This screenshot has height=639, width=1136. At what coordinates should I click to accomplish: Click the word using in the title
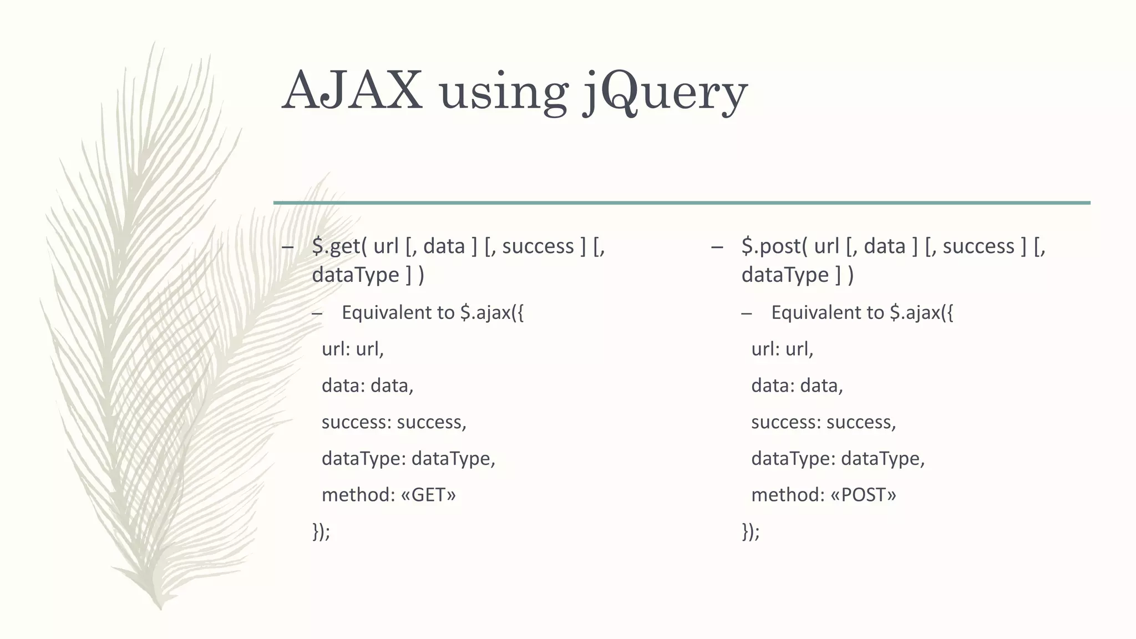[x=504, y=93]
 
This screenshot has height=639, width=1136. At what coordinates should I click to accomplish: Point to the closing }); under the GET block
[x=321, y=531]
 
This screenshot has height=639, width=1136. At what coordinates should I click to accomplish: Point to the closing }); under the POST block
[x=750, y=531]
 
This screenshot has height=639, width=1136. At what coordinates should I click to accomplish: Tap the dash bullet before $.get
[x=287, y=247]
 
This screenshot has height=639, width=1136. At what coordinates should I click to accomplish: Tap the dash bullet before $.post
[x=717, y=247]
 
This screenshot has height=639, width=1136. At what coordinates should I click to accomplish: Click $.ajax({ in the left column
[x=491, y=313]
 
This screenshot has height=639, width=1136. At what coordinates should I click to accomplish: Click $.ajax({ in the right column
[x=921, y=313]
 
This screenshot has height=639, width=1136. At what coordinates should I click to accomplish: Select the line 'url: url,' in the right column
[x=782, y=349]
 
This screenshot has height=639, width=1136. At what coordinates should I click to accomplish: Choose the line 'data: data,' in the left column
[x=367, y=386]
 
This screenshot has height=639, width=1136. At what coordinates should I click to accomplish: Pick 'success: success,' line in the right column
[x=823, y=422]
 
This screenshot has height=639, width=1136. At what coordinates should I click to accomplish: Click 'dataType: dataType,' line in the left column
[x=408, y=459]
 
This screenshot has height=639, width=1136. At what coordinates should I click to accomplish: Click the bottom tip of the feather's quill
[x=160, y=608]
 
